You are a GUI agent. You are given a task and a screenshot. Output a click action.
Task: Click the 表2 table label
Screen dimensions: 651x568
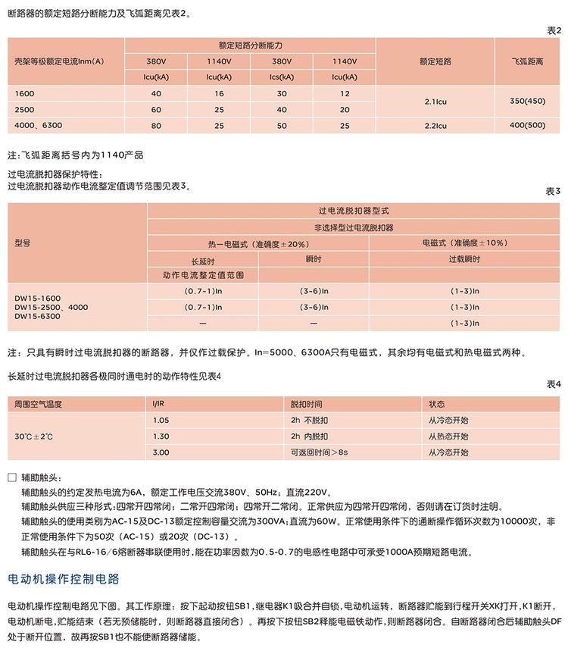(x=554, y=30)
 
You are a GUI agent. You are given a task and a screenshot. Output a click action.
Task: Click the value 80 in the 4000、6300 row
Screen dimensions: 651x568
(x=157, y=124)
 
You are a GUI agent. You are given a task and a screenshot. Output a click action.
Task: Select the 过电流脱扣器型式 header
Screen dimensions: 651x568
(x=353, y=210)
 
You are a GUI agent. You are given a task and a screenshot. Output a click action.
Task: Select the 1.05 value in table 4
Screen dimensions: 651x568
(x=161, y=420)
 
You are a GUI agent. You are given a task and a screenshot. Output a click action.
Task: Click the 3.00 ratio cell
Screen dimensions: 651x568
(x=161, y=452)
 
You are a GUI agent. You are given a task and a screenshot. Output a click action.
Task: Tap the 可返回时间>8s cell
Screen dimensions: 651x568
(x=319, y=452)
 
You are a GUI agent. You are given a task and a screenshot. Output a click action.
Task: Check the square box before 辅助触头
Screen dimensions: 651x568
(x=11, y=477)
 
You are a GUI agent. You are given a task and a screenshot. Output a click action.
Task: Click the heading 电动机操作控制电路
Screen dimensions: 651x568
(x=64, y=580)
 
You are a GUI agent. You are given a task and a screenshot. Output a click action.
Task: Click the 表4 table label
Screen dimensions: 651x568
(x=554, y=384)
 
